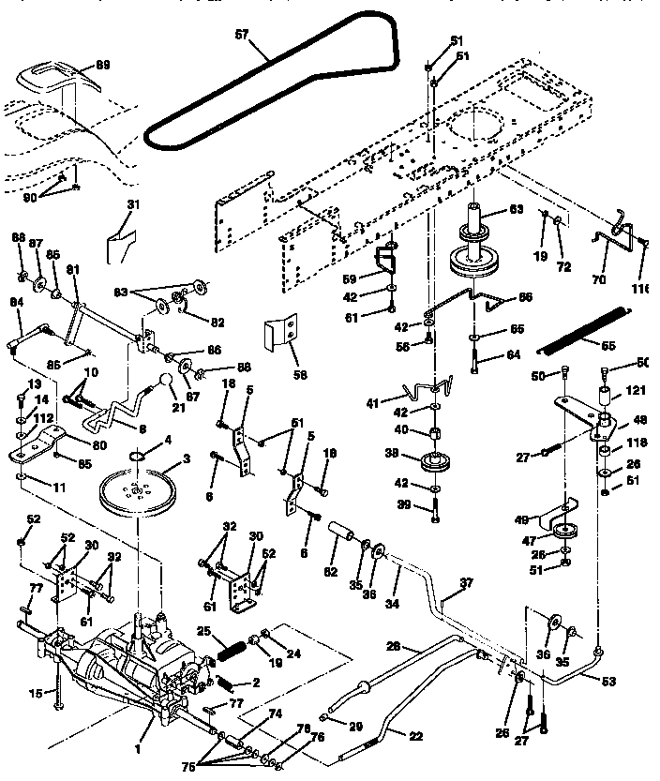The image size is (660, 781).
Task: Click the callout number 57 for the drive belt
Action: coord(242,35)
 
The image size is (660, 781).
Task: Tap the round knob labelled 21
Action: coord(164,384)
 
